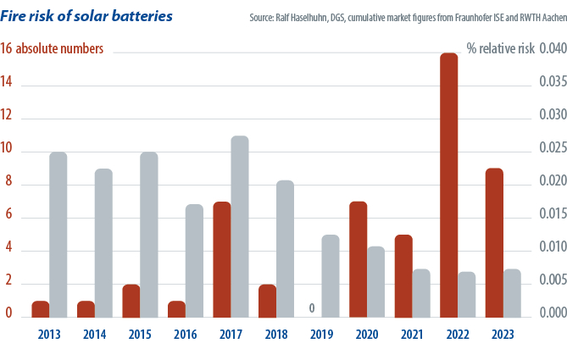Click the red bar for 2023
click(494, 243)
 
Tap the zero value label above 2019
click(313, 308)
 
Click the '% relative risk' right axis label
click(501, 49)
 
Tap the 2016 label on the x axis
click(186, 335)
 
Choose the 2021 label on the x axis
click(413, 335)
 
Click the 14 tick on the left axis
click(8, 86)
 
